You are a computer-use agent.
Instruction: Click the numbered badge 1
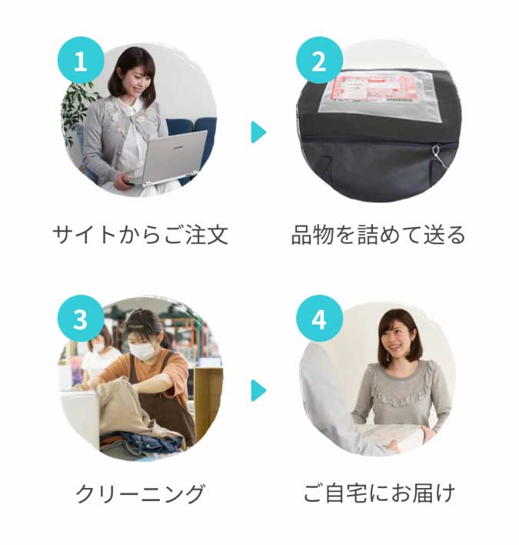(x=81, y=61)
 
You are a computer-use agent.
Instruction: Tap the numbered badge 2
(x=319, y=61)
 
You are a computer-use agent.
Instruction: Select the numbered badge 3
(x=81, y=319)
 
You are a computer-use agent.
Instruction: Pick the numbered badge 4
(x=319, y=319)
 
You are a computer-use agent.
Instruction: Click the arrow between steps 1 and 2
(x=258, y=132)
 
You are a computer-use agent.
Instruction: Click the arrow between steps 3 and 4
(x=258, y=390)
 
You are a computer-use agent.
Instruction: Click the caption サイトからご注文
(x=141, y=235)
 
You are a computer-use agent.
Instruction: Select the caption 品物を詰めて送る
(x=378, y=235)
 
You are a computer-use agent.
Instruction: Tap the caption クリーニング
(x=140, y=493)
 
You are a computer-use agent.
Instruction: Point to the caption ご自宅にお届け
(x=379, y=493)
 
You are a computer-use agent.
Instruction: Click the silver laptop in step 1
(x=170, y=158)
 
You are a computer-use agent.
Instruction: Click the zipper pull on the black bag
(x=436, y=152)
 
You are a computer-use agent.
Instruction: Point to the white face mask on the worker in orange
(x=143, y=350)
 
